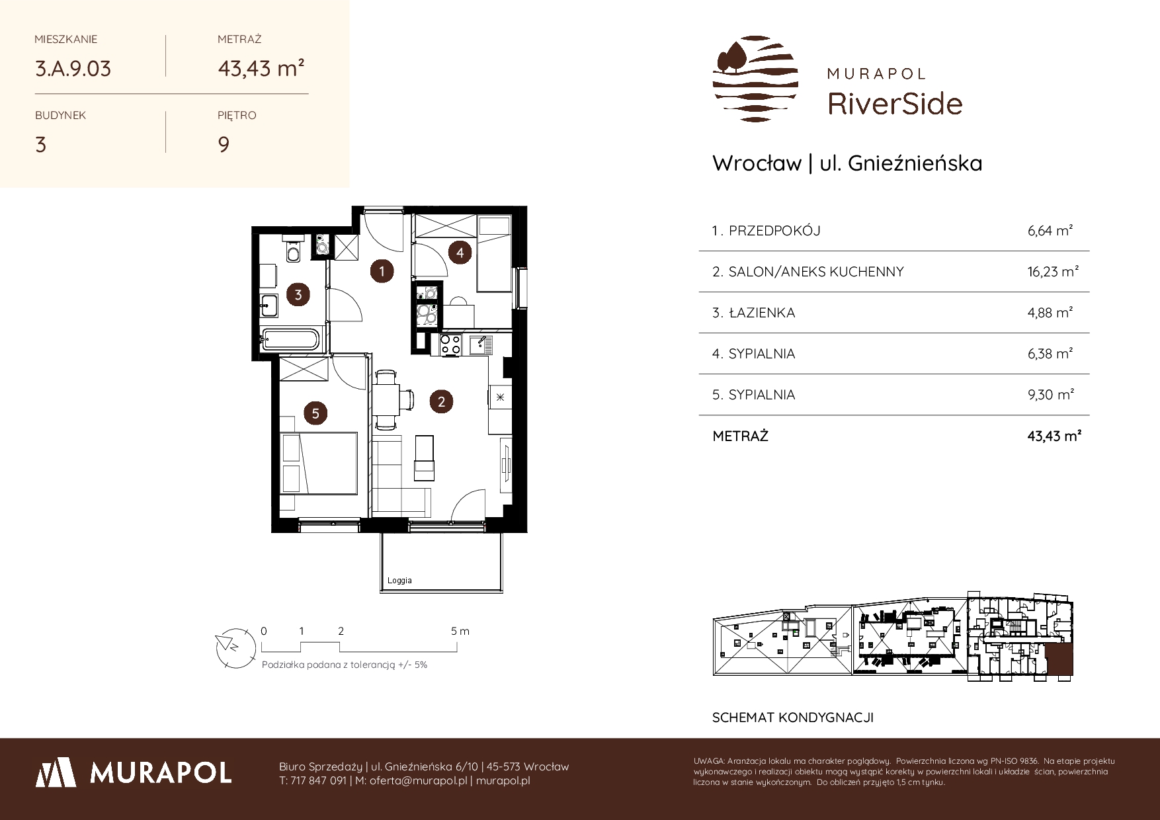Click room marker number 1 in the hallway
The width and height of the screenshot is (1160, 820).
pos(382,270)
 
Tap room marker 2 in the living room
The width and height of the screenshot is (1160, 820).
pos(441,401)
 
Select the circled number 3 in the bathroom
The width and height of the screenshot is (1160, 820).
pos(298,294)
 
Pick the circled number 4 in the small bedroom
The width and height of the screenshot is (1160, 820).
pos(460,251)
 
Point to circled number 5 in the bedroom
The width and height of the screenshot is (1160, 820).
pos(315,413)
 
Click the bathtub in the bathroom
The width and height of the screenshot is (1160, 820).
pos(291,340)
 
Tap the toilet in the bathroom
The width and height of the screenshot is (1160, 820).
pos(292,249)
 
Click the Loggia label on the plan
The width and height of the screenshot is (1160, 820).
pos(399,581)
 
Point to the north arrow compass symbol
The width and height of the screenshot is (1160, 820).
pos(235,646)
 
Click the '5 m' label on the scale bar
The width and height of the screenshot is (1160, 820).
pos(460,631)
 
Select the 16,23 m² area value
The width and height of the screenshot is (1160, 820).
pos(1054,272)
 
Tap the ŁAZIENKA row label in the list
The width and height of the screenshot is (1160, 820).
pos(762,313)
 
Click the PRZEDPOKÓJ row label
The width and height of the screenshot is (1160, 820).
pos(774,231)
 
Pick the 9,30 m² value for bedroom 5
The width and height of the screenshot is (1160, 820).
pos(1051,395)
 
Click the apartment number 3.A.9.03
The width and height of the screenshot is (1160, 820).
pos(73,68)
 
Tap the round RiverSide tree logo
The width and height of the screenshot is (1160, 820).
pos(755,79)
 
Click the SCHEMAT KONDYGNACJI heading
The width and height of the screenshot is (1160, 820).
pos(793,717)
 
